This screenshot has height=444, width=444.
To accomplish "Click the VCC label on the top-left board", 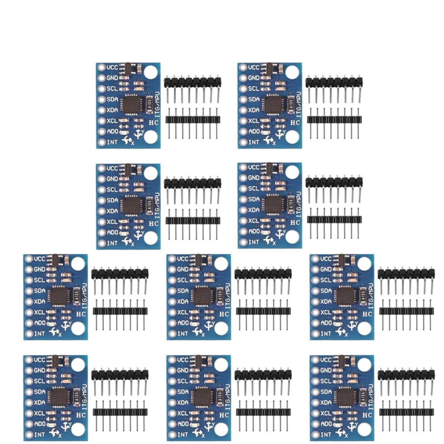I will click(112, 67).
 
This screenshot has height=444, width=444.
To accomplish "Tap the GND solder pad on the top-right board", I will click(243, 78).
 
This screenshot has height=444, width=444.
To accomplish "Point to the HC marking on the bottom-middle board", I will click(224, 415).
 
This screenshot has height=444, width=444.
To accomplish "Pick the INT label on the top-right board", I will click(254, 142).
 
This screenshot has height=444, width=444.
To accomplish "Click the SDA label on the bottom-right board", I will click(326, 392).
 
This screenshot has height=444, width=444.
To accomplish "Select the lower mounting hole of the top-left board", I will click(151, 137).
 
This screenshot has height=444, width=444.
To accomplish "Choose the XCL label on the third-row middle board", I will click(183, 312).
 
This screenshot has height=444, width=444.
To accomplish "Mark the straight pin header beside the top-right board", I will click(334, 120).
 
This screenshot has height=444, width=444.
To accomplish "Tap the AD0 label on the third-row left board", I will click(40, 323).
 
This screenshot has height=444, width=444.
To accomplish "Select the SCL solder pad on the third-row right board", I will click(315, 280).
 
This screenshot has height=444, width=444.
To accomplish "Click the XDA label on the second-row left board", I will click(112, 211).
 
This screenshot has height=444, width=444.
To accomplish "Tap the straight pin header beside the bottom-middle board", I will click(263, 412).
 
